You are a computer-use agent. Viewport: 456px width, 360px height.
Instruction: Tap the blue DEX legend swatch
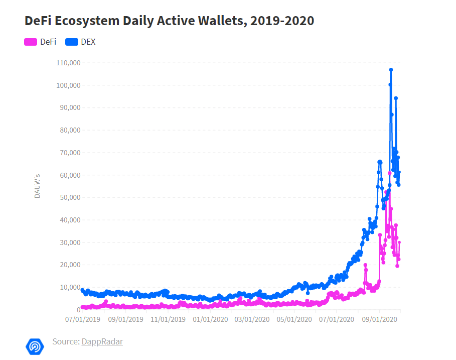pos(72,42)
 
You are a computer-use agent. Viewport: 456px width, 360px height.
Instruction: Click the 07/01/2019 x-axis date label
pos(83,318)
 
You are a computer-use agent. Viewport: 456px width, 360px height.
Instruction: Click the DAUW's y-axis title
pos(38,185)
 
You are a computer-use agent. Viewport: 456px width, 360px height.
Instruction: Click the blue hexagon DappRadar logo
pos(35,346)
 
